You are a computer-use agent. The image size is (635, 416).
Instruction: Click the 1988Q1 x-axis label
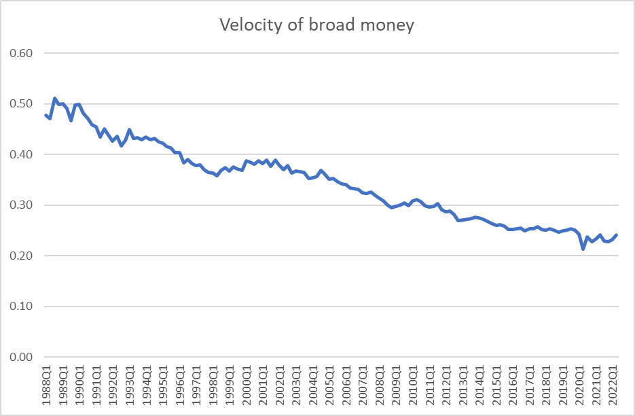click(46, 384)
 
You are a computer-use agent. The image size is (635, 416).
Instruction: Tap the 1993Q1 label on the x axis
click(129, 384)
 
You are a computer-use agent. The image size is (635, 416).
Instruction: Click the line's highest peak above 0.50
click(55, 99)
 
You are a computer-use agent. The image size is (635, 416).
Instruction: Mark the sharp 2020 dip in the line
click(583, 249)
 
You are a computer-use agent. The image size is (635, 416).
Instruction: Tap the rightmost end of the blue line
click(616, 235)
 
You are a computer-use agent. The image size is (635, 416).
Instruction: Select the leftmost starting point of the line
click(46, 115)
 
